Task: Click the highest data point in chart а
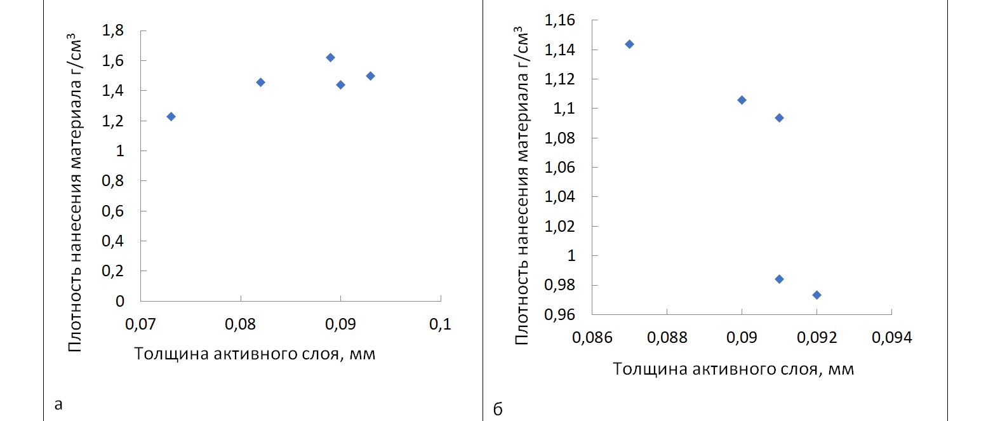[330, 58]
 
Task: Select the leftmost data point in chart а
[171, 116]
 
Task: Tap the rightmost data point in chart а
[370, 76]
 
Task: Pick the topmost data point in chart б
[629, 44]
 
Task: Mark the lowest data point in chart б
[816, 295]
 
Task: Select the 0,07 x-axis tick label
[140, 324]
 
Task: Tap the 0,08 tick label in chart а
[241, 324]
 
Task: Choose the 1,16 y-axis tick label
[559, 20]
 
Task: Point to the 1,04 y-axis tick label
[559, 197]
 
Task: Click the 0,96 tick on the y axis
[559, 314]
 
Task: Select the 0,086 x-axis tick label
[592, 337]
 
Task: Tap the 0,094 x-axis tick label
[891, 337]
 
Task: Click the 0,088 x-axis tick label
[667, 337]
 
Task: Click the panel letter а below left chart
[58, 404]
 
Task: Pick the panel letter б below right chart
[498, 410]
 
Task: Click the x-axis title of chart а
[255, 354]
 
